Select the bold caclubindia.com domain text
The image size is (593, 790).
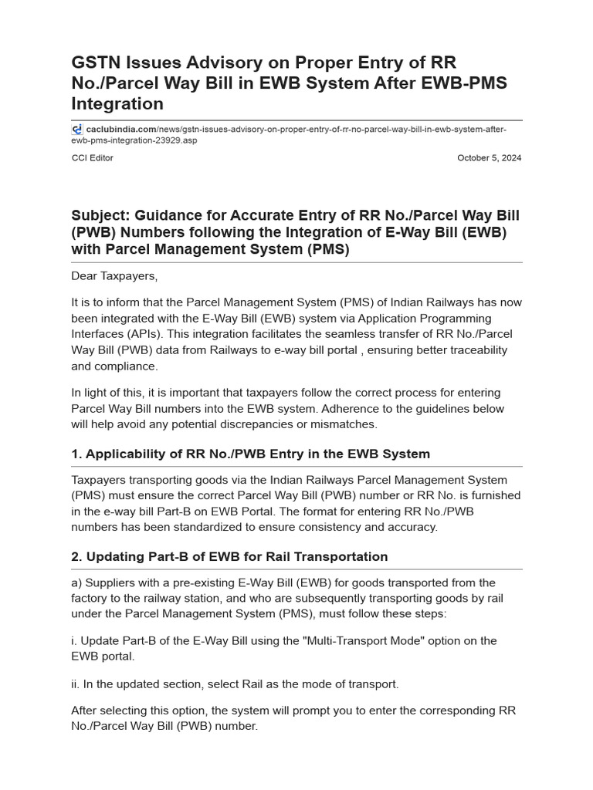[121, 130]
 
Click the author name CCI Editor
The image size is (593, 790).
[92, 158]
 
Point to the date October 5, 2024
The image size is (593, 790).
[489, 158]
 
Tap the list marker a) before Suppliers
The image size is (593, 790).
[76, 582]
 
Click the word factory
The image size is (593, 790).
[91, 598]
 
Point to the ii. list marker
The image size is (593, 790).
[76, 684]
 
